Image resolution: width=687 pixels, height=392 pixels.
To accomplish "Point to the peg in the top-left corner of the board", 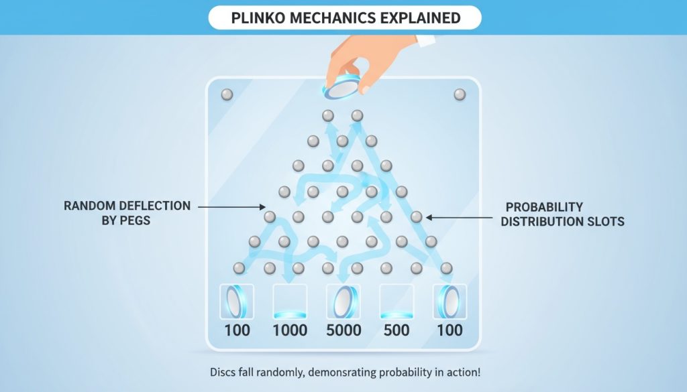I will (227, 94).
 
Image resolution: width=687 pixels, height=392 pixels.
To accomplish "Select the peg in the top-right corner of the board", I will (460, 94).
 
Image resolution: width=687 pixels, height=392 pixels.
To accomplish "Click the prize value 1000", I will (290, 330).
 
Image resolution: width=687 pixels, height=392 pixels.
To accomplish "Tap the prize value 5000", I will (343, 330).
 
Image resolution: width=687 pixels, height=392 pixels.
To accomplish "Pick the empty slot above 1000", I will (290, 300).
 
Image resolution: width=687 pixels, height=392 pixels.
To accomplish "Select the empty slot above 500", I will (396, 300).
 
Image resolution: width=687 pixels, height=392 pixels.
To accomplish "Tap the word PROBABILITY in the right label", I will (544, 207).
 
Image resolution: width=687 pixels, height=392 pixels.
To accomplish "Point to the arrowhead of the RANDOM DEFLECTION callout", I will (264, 208).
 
